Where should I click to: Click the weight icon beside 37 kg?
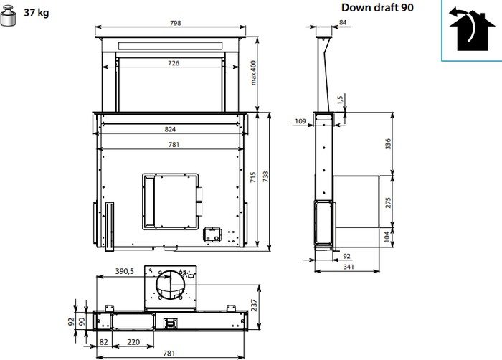[x=9, y=16]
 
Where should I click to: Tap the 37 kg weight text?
[x=37, y=13]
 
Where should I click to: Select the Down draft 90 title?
[x=377, y=7]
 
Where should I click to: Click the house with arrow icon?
[x=472, y=29]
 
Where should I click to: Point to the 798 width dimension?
[x=176, y=23]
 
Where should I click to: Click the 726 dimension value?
[x=174, y=63]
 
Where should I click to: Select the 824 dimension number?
[x=170, y=129]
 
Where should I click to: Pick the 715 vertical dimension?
[x=253, y=177]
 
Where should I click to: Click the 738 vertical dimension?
[x=266, y=177]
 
